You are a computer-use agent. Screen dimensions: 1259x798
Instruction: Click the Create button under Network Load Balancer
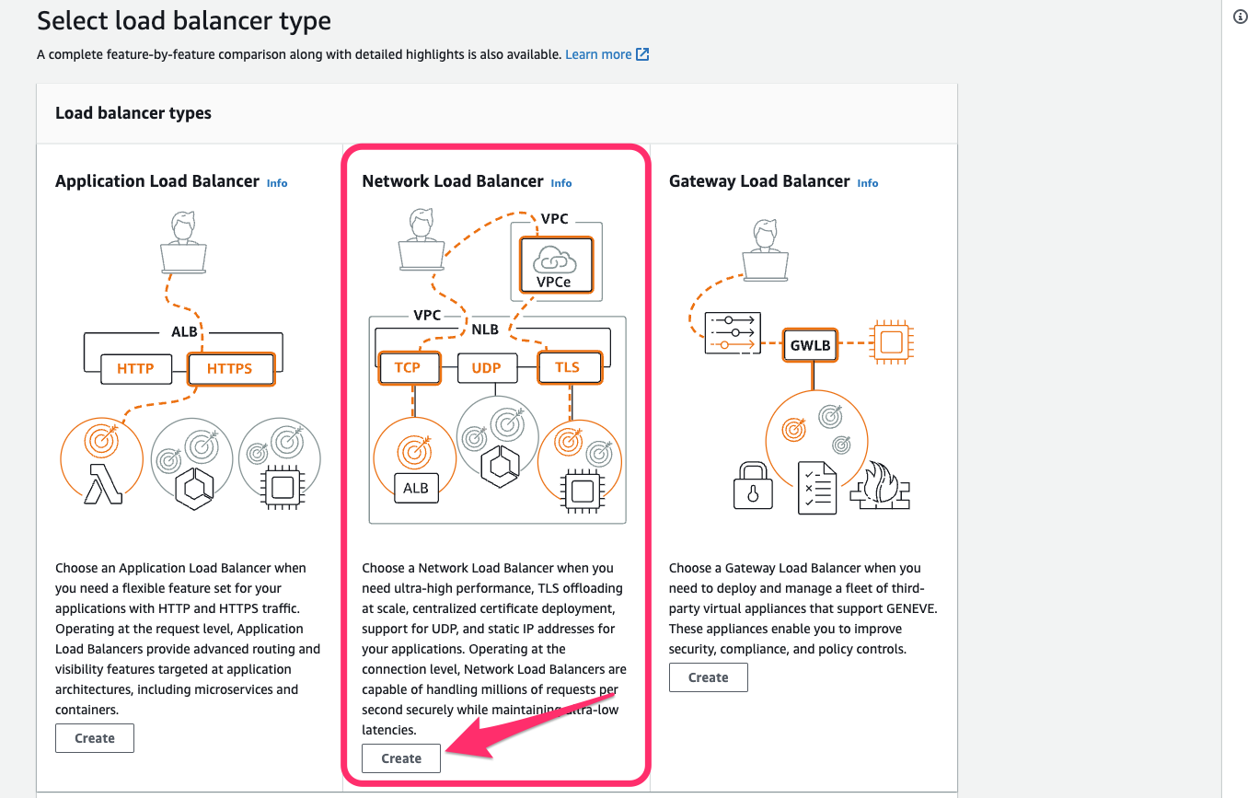(x=400, y=758)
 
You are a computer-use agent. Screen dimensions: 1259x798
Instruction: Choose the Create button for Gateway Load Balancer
(x=709, y=677)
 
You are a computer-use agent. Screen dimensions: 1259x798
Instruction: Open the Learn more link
(x=607, y=54)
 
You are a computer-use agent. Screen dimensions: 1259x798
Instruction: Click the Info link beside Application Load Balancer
(x=276, y=183)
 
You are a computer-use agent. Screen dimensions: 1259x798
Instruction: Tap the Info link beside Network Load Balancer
(x=560, y=183)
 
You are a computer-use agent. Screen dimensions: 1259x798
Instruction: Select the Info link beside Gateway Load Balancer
(x=867, y=183)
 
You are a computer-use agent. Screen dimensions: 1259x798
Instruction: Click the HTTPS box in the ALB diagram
(x=231, y=369)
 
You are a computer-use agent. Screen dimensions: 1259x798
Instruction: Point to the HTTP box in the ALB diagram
(x=136, y=369)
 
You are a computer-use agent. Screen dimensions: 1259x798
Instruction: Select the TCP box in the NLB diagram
(x=410, y=367)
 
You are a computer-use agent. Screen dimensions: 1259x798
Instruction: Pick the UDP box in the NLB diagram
(x=487, y=368)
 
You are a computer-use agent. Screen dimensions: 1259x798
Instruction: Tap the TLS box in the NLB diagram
(x=570, y=367)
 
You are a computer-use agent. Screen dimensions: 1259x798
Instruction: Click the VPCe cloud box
(x=556, y=265)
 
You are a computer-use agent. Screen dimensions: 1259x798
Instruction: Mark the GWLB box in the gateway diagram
(x=810, y=345)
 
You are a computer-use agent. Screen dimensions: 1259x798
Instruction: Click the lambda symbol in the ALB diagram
(x=103, y=484)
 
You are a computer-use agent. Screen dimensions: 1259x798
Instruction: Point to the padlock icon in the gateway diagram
(x=753, y=486)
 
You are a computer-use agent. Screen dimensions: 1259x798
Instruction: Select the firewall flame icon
(x=880, y=485)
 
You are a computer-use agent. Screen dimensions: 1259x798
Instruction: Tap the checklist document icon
(x=817, y=488)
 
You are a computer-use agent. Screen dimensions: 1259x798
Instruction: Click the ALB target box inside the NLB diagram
(x=416, y=488)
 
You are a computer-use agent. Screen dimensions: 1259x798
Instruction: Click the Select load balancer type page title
(x=184, y=21)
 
